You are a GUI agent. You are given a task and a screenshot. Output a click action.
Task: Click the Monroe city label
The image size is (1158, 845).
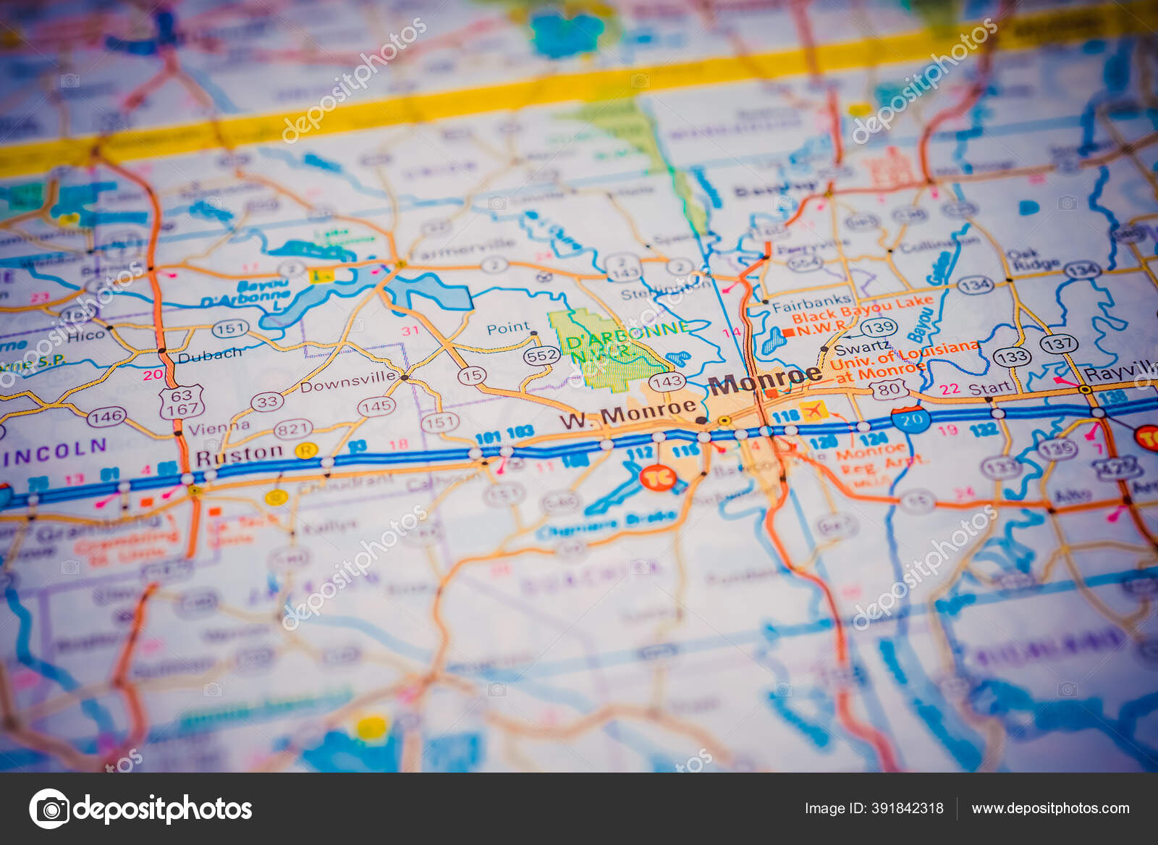764,379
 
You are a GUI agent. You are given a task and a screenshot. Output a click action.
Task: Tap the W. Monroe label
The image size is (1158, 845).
627,413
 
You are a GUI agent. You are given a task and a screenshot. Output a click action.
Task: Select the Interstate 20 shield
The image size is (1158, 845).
910,420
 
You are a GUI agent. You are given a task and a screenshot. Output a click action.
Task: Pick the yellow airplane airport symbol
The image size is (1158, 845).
814,411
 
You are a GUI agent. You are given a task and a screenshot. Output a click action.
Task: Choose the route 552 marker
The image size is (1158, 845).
542,356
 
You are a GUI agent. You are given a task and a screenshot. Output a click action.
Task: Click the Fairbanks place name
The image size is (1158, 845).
811,303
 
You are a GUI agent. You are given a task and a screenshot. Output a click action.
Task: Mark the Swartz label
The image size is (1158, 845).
862,348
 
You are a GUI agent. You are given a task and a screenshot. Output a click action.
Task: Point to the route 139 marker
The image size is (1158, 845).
879,328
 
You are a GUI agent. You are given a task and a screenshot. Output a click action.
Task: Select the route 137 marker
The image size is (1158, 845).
1058,343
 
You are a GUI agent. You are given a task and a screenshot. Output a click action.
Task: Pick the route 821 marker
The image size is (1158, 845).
292,429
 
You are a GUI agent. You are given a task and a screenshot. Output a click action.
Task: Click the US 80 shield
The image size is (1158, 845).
889,389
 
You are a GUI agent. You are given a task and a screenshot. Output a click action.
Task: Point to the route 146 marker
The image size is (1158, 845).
106,416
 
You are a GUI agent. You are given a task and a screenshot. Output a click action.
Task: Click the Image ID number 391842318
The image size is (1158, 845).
874,808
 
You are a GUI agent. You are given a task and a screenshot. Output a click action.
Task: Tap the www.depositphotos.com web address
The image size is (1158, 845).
1050,808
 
